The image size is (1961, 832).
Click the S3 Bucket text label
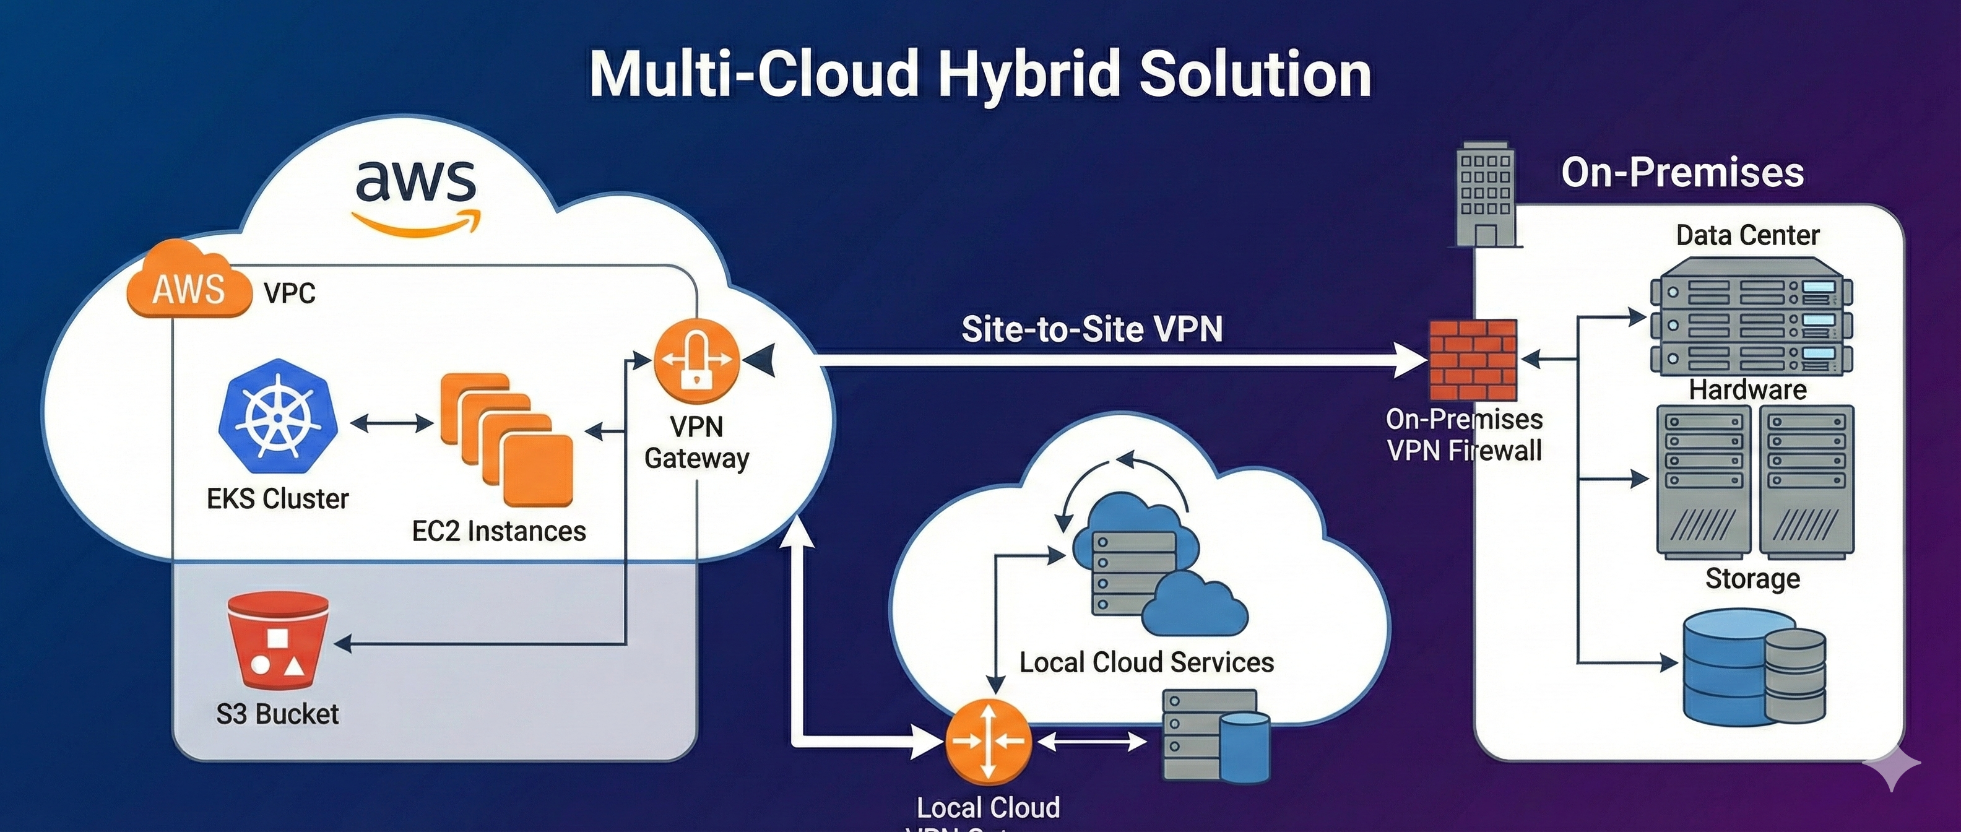(277, 714)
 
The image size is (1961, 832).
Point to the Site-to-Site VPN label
(1092, 329)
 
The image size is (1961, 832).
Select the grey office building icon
(1485, 195)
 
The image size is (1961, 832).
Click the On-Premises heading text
(1682, 172)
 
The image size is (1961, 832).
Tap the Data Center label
(1747, 235)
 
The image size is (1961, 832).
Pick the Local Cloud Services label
(1146, 662)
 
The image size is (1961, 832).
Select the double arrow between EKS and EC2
(391, 423)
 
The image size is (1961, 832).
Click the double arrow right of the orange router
(1093, 742)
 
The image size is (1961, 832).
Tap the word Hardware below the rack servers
(1747, 390)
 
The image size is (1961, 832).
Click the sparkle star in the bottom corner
(1892, 766)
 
